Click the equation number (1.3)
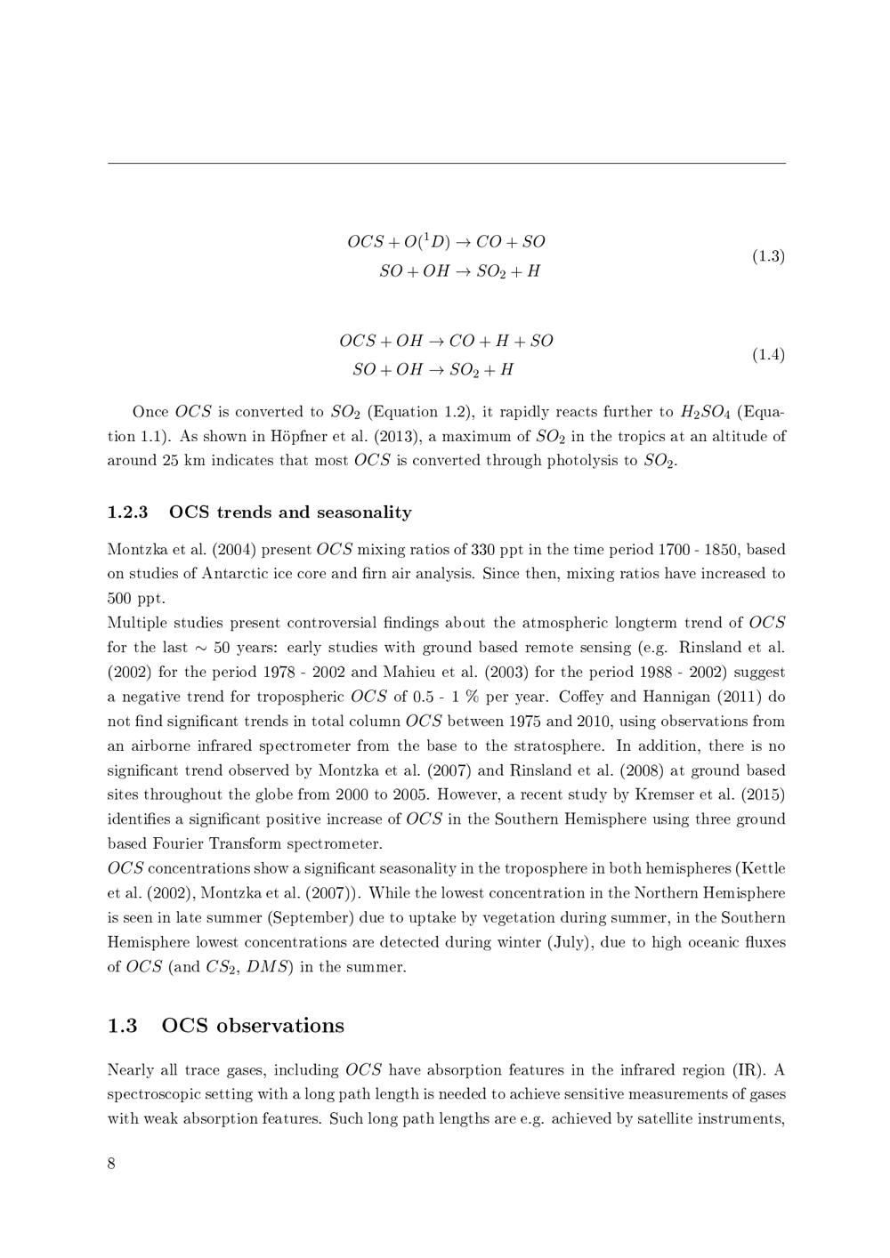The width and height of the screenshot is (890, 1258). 768,256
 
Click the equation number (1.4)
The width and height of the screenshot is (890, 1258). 768,355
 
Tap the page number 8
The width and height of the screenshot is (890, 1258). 111,1164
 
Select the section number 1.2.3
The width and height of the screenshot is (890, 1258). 127,512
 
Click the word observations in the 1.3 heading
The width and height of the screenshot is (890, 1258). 279,1026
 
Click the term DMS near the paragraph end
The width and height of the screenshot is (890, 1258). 266,967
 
